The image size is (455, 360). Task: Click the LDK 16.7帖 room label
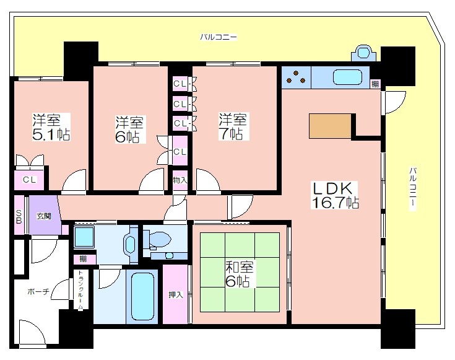[x=335, y=195]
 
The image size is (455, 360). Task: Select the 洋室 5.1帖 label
[x=51, y=127]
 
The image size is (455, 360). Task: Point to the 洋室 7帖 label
[x=232, y=126]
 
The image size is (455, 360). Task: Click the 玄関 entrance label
[x=44, y=216]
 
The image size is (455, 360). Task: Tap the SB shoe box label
[x=19, y=217]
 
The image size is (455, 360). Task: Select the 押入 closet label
[x=176, y=295]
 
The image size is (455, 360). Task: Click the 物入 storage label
[x=180, y=180]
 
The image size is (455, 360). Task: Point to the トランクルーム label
[x=80, y=290]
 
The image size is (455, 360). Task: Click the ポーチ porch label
[x=38, y=291]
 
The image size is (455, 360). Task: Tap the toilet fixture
[x=158, y=239]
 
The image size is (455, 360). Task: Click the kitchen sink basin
[x=347, y=77]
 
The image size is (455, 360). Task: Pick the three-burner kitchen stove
[x=296, y=77]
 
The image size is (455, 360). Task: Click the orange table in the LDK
[x=330, y=126]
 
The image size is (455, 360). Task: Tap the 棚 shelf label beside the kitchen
[x=375, y=84]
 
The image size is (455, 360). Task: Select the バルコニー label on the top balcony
[x=219, y=37]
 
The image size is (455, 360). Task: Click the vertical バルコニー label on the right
[x=413, y=188]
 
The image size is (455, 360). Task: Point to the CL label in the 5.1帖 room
[x=30, y=180]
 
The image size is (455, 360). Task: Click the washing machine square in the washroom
[x=84, y=237]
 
